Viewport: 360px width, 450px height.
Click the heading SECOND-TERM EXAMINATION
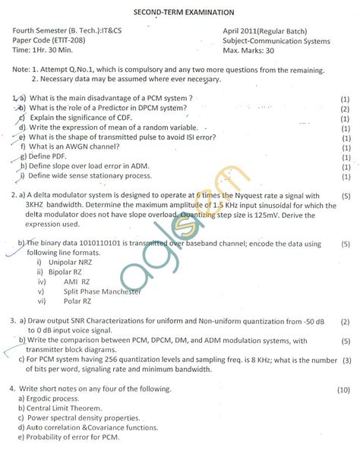tap(178, 12)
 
